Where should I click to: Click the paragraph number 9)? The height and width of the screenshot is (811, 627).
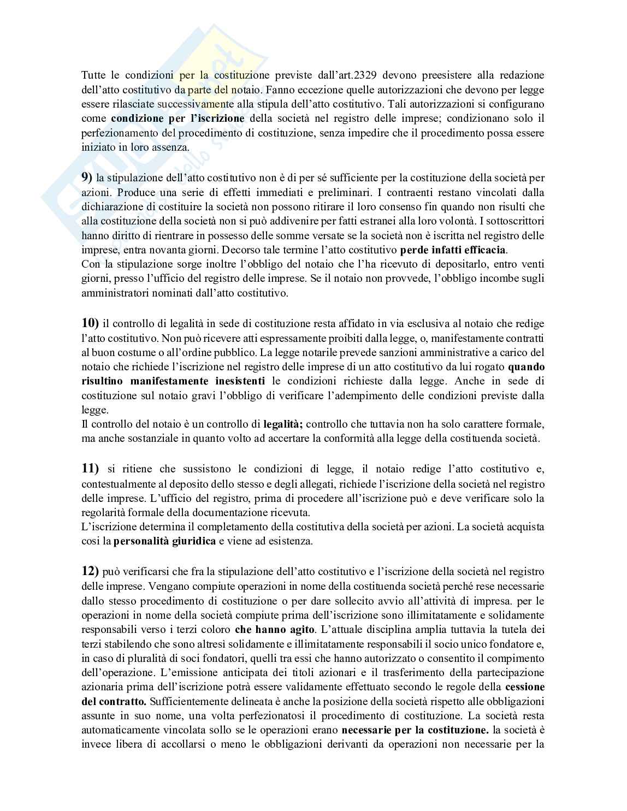pyautogui.click(x=87, y=177)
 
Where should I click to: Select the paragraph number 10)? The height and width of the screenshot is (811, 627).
pyautogui.click(x=90, y=323)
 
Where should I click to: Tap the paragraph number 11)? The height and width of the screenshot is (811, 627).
pyautogui.click(x=90, y=468)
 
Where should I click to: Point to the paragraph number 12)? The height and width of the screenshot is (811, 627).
pyautogui.click(x=90, y=571)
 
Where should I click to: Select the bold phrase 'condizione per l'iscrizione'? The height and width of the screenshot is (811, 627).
pyautogui.click(x=178, y=118)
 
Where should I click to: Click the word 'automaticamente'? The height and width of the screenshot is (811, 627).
pyautogui.click(x=117, y=729)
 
